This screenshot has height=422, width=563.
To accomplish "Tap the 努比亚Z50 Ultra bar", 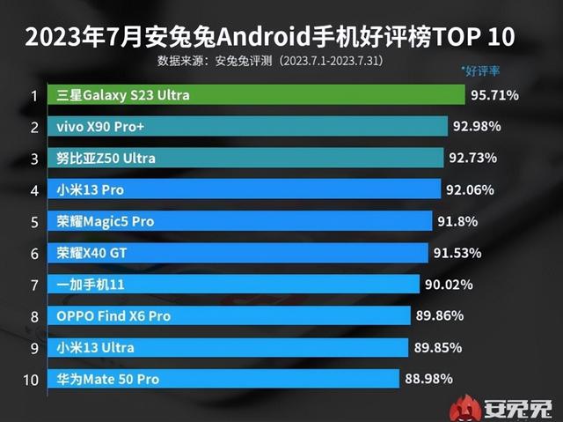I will (246, 158).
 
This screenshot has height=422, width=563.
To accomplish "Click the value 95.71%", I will (497, 94).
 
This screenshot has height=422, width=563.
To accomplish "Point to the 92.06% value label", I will (471, 189).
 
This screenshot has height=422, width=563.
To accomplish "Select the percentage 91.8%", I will (459, 221).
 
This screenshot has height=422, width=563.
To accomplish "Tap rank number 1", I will (33, 95).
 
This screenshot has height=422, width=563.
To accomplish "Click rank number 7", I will (33, 285).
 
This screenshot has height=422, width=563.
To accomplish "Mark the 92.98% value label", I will (478, 126).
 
